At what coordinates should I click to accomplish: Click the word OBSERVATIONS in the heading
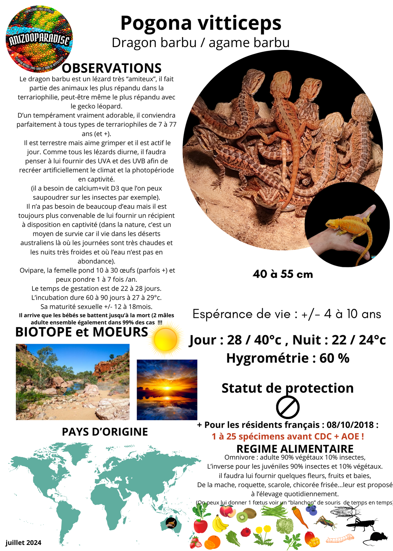[x=111, y=68]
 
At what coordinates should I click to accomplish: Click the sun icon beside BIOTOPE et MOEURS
[x=166, y=339]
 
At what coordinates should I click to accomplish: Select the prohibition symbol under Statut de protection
[x=288, y=407]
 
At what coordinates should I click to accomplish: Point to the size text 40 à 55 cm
[x=283, y=274]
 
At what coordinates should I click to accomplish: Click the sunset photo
[x=167, y=390]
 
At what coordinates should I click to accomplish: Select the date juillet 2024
[x=23, y=543]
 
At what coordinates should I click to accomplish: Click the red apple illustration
[x=201, y=526]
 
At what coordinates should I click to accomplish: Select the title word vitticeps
[x=240, y=23]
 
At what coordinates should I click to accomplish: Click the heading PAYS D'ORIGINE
[x=105, y=432]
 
